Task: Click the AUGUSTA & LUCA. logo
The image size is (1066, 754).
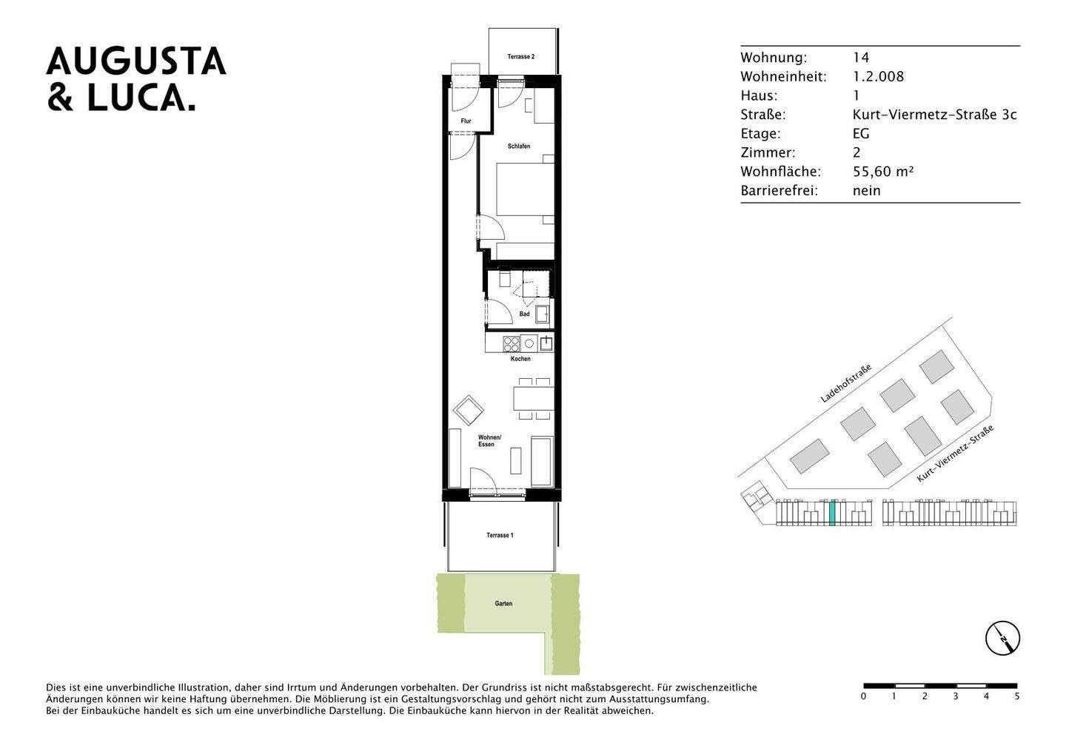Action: click(x=136, y=79)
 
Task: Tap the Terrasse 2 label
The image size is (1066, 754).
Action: click(x=520, y=57)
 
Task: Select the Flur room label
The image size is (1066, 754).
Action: click(x=466, y=121)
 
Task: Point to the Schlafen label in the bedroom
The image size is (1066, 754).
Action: click(x=519, y=147)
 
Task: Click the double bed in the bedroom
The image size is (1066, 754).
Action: click(x=524, y=189)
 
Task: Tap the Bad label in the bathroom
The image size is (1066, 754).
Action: click(x=524, y=314)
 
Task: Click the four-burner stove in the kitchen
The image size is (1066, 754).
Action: click(x=512, y=343)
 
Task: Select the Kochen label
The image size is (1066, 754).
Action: click(x=520, y=360)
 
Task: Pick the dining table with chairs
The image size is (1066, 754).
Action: click(x=533, y=399)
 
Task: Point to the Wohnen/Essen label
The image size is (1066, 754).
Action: click(x=489, y=441)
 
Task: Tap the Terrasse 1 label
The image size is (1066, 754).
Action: click(x=500, y=535)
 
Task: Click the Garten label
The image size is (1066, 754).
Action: click(x=503, y=604)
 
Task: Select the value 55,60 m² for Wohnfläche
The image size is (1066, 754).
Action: click(x=883, y=172)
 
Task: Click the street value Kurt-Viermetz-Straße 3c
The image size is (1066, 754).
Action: click(x=934, y=115)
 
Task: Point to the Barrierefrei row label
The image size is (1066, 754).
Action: click(x=779, y=191)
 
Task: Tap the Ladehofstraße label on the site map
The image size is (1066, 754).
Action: click(x=845, y=383)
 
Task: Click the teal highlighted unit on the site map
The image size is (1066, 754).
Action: click(x=832, y=512)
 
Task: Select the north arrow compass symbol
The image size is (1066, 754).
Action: click(x=1002, y=637)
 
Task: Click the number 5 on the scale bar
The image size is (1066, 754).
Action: click(x=1016, y=696)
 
